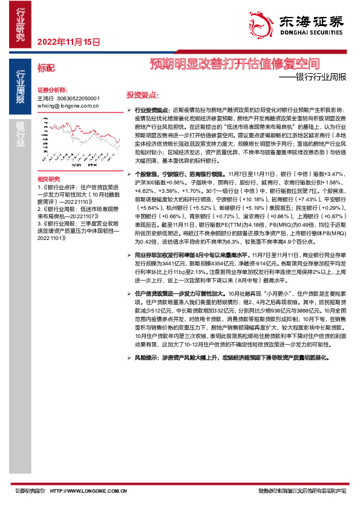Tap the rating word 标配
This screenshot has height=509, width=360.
click(45, 68)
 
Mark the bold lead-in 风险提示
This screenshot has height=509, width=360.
click(146, 358)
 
